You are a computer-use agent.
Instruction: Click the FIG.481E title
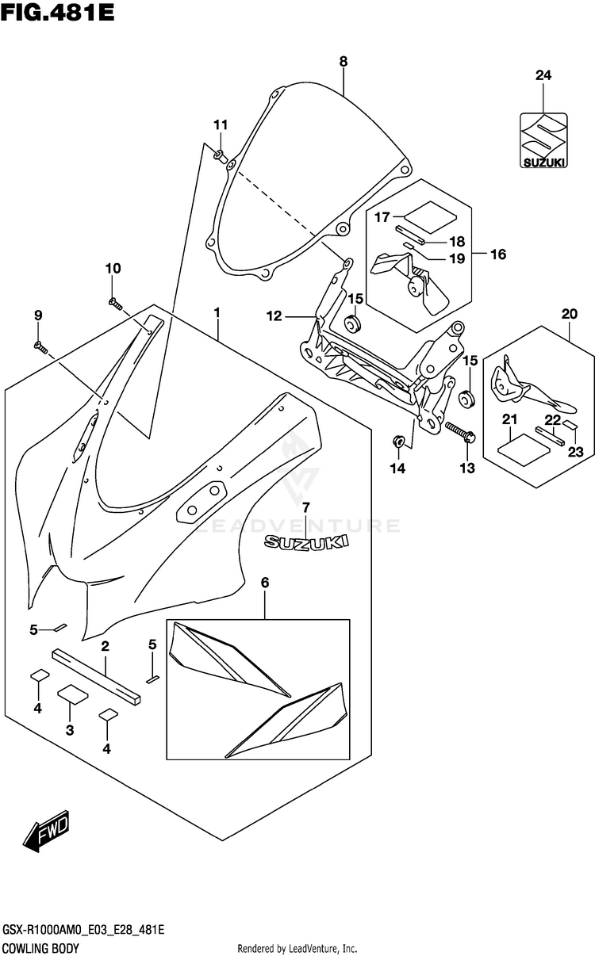58,13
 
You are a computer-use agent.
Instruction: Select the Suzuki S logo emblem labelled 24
543,140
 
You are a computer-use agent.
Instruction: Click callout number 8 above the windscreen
344,62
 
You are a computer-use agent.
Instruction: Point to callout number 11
221,125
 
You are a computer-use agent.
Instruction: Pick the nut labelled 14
398,442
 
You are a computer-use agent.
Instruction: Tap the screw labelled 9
40,348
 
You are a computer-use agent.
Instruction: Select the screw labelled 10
115,304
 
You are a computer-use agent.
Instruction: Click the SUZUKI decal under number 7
305,542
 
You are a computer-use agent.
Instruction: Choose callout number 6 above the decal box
265,582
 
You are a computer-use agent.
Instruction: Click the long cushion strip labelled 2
96,676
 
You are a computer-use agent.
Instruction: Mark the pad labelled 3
73,694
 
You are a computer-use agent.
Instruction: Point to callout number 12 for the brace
274,316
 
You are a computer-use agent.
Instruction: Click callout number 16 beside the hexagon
498,254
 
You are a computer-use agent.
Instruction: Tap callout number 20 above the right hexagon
570,314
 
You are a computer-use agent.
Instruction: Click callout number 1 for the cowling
217,313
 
